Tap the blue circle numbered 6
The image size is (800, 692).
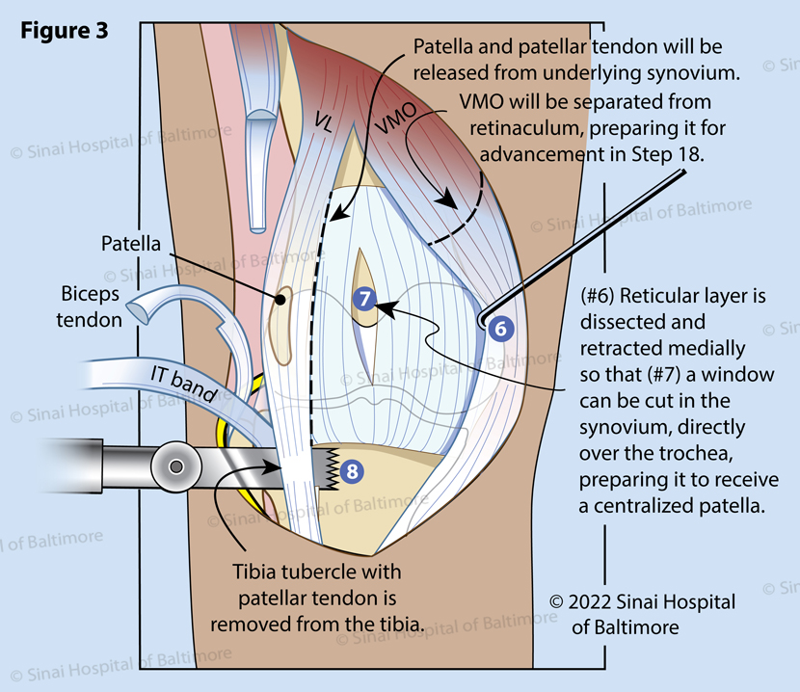499,328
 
